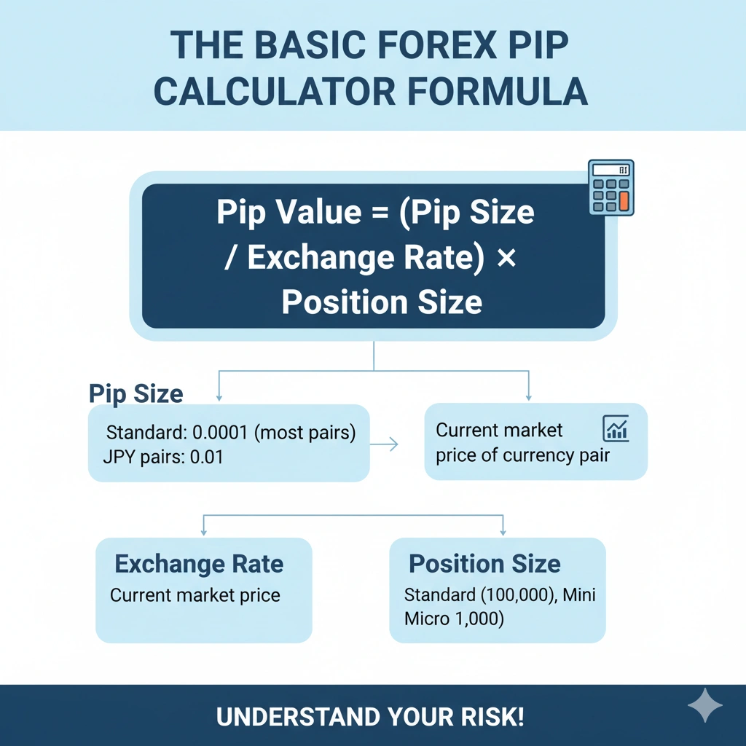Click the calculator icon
pos(611,188)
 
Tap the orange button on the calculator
pos(623,200)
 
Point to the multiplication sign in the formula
pos(506,258)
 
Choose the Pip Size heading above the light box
pos(136,393)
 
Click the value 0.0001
pos(220,433)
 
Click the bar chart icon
pos(616,429)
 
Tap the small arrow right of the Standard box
pos(385,444)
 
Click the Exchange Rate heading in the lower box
pos(199,563)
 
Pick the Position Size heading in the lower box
pos(484,563)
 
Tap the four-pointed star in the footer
pos(704,706)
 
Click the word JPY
pos(117,458)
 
